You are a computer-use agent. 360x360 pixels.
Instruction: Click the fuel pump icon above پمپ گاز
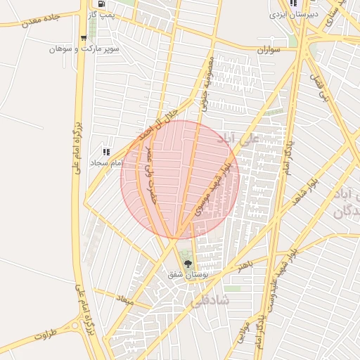103,4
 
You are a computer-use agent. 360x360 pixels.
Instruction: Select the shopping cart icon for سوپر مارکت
85,39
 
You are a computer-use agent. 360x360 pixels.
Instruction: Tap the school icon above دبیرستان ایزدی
294,3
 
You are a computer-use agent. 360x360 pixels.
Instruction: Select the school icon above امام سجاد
106,152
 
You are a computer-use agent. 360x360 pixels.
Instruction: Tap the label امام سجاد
105,162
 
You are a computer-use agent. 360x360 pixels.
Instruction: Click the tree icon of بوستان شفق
186,264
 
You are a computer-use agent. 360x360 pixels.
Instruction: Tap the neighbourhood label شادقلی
210,302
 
